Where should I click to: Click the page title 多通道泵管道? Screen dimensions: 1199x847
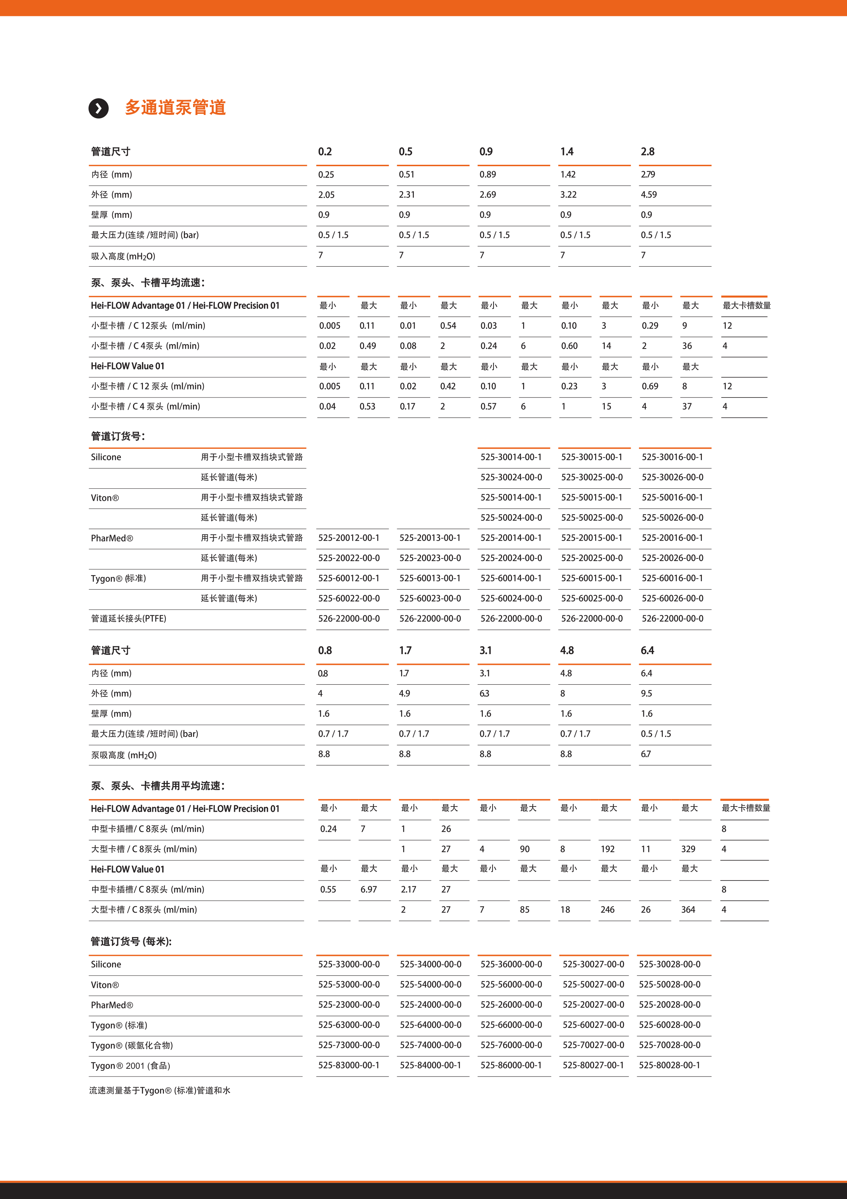point(175,107)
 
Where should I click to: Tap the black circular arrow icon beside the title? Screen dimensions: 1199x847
point(98,108)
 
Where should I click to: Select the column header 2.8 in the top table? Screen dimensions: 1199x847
point(648,152)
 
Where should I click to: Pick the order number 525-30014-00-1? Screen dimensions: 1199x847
point(511,457)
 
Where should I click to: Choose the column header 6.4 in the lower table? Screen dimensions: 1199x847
point(647,651)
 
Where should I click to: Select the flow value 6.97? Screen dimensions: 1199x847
point(368,889)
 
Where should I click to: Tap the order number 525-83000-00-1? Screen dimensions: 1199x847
point(348,1065)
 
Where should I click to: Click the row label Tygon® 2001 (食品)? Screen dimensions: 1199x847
point(130,1066)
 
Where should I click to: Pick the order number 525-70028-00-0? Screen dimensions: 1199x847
point(670,1045)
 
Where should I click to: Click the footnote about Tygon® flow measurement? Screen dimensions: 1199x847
point(160,1090)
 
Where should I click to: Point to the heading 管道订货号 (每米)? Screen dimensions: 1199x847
point(131,942)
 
